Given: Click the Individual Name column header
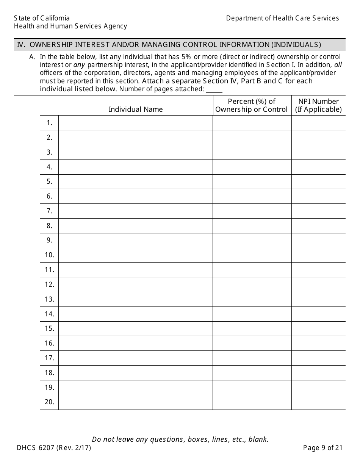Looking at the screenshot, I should [135, 109].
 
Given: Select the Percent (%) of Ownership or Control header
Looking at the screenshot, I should [252, 105].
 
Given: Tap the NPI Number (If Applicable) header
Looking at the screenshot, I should [318, 105].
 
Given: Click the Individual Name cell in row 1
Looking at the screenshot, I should [135, 123].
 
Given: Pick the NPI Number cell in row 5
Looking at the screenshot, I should [318, 181].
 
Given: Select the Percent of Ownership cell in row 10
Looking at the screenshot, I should [252, 255].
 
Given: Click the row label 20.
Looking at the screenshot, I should [50, 402].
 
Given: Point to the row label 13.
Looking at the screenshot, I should [50, 299].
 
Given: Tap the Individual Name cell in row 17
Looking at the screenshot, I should [135, 358].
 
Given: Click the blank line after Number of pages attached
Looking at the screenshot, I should [214, 90].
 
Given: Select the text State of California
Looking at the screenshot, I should [42, 18].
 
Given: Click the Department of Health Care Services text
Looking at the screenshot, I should [282, 18].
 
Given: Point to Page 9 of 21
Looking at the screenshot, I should [323, 448].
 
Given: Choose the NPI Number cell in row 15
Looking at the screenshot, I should [318, 328].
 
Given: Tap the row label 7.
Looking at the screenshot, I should [50, 211].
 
